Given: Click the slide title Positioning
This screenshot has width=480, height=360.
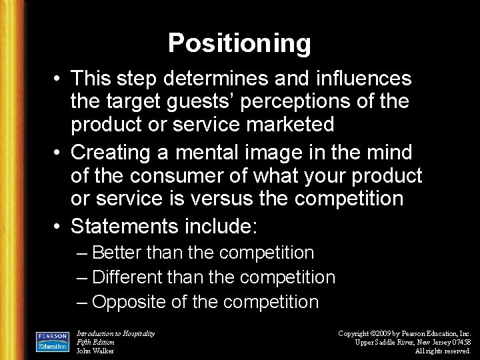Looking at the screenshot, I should pyautogui.click(x=239, y=43).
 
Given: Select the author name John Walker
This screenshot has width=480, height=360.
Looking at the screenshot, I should pyautogui.click(x=95, y=351).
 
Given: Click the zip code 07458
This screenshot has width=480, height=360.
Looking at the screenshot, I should pyautogui.click(x=460, y=342).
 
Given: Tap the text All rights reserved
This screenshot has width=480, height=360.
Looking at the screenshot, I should pyautogui.click(x=443, y=351).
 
